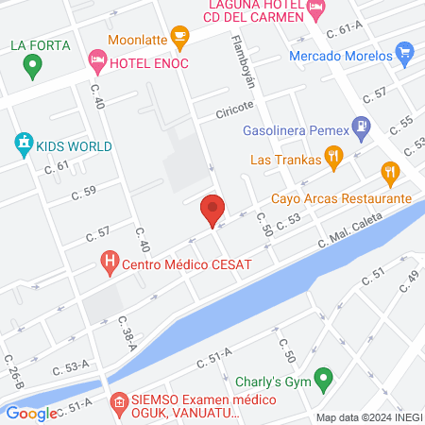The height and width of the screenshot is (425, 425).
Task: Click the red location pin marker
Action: coord(213,209)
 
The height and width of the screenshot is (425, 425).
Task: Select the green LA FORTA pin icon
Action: coord(33,66)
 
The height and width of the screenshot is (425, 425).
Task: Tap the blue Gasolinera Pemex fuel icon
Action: coord(360,124)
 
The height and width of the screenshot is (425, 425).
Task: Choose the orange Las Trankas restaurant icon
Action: coord(332,157)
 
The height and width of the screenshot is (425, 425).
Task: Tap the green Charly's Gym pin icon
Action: coord(324,381)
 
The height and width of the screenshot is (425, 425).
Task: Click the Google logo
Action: coord(31,413)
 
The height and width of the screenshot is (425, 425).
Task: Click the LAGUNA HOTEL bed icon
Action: coord(315,8)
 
